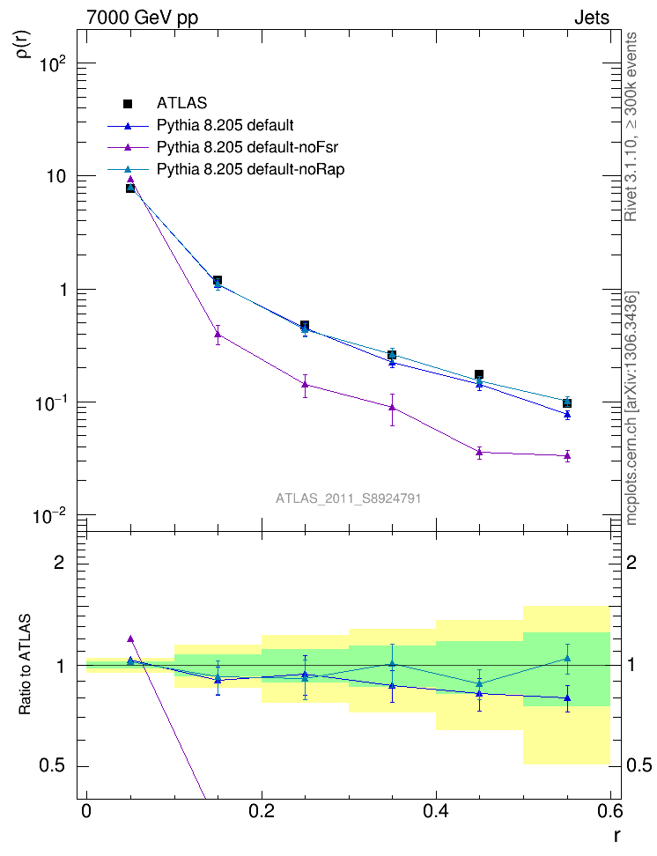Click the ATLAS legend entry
(x=181, y=103)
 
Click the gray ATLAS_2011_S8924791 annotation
(x=348, y=498)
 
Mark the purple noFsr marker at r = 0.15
(x=218, y=334)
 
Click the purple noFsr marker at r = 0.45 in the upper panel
(x=479, y=453)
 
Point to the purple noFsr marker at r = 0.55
(x=567, y=455)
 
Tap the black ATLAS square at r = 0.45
(x=479, y=375)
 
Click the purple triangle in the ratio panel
(x=130, y=638)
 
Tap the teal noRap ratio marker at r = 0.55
(x=567, y=658)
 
